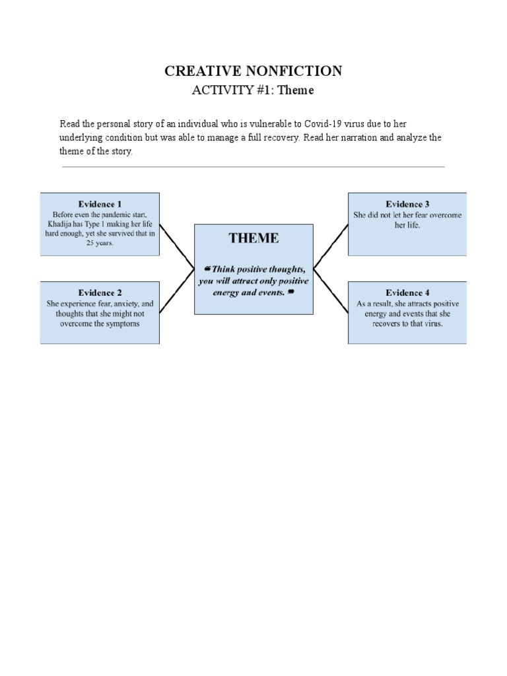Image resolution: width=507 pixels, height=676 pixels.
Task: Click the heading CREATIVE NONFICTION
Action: click(x=253, y=71)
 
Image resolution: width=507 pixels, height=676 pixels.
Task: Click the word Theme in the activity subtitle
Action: click(x=295, y=90)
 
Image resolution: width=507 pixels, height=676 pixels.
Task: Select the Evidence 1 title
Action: click(x=100, y=204)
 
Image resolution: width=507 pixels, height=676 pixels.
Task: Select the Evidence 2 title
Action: click(x=100, y=292)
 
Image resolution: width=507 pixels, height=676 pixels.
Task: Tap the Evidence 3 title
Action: click(x=407, y=204)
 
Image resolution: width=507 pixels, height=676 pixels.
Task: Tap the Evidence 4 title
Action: click(x=407, y=292)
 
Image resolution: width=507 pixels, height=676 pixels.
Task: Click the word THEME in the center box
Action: click(x=253, y=238)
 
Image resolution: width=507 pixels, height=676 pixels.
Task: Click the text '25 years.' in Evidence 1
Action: click(x=100, y=243)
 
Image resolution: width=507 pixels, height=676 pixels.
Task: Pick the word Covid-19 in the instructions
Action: click(x=325, y=124)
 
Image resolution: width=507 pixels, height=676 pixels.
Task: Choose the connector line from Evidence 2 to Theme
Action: click(x=176, y=291)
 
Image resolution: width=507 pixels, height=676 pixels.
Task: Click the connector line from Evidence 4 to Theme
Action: click(x=331, y=291)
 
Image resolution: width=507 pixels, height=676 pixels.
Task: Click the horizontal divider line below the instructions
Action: click(x=253, y=167)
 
